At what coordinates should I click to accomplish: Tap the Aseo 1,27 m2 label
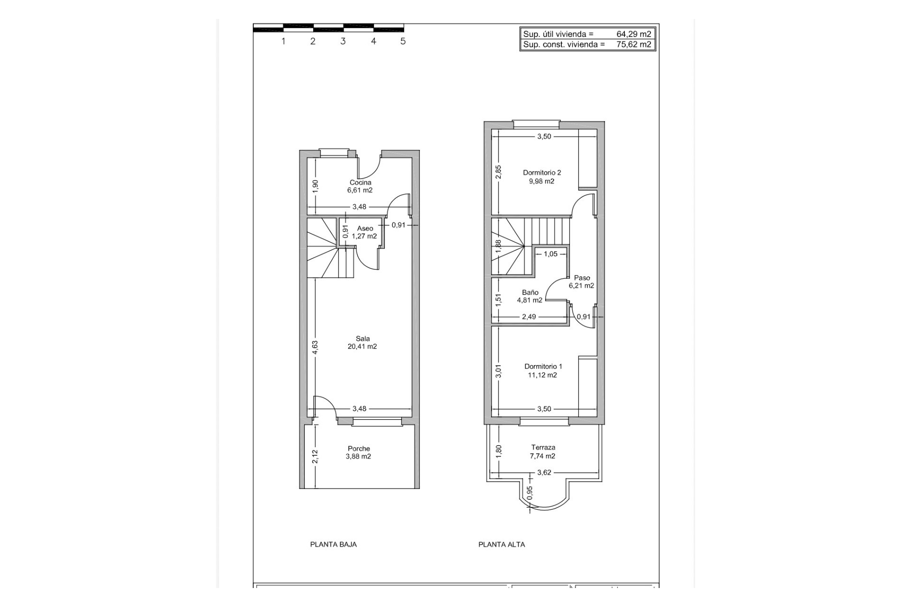364,232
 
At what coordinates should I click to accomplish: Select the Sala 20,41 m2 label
363,342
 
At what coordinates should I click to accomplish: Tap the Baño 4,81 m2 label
530,296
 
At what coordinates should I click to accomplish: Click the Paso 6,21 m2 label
582,282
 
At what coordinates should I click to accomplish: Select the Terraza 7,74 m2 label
543,451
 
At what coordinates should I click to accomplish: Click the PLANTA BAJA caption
334,544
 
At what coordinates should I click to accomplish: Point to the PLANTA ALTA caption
502,544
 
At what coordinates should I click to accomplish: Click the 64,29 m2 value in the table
633,34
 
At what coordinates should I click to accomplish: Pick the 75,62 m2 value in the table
633,45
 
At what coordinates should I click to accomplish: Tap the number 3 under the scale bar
343,41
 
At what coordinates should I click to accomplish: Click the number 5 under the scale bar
403,41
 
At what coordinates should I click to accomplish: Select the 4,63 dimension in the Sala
315,347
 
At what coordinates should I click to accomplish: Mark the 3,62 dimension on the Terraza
544,472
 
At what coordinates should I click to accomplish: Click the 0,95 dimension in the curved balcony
530,493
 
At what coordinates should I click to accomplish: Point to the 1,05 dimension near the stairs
550,254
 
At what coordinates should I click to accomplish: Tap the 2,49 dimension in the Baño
529,316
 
